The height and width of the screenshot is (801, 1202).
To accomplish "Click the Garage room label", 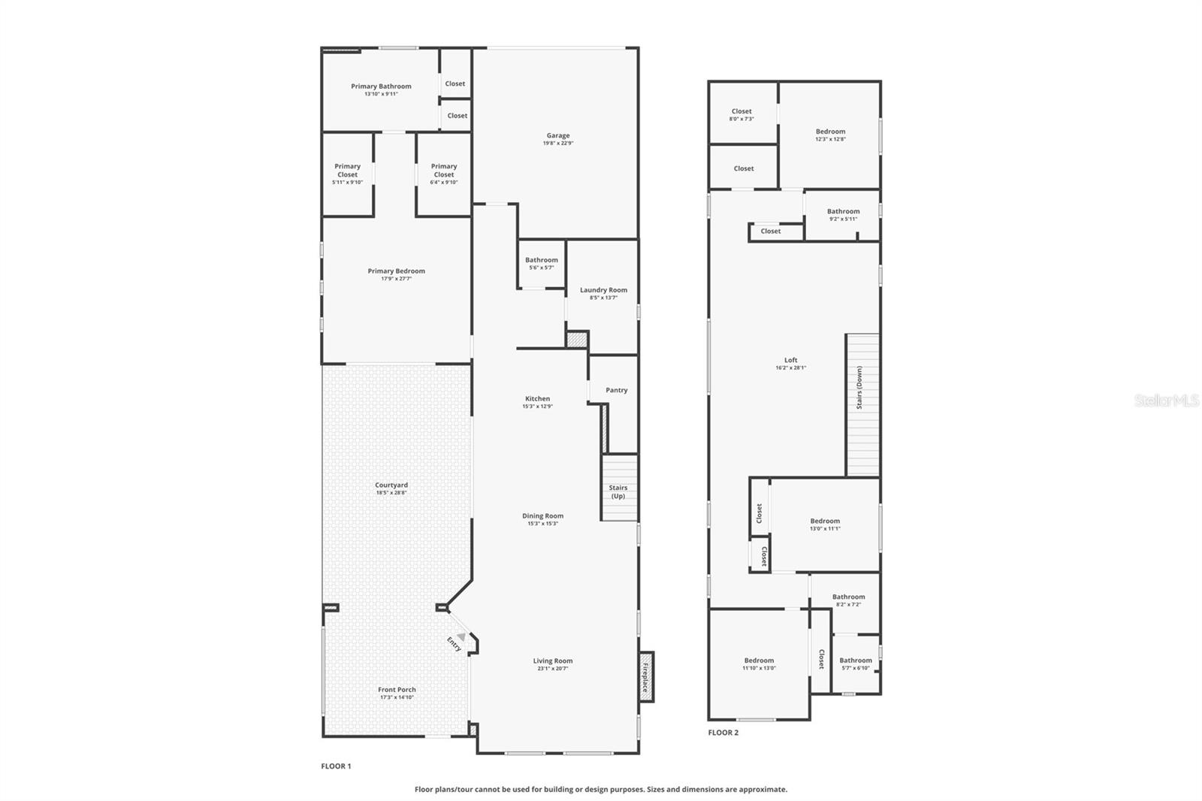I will tap(557, 136).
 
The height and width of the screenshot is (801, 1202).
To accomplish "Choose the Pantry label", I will tap(616, 390).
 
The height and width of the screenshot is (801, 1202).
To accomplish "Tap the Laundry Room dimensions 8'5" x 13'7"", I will tap(603, 298).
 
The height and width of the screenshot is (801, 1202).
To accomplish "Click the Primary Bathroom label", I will tap(381, 86).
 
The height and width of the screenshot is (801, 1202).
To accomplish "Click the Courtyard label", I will tap(391, 485).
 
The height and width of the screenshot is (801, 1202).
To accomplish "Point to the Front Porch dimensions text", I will tap(397, 697).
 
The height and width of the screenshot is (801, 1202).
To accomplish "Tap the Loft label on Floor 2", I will tap(790, 360).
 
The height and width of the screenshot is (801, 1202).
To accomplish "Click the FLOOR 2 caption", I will tap(723, 733).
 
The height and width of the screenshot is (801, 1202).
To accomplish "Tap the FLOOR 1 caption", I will tap(336, 766).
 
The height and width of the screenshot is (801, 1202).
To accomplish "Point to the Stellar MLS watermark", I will tap(1166, 401).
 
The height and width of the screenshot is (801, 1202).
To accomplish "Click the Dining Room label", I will tap(542, 516).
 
